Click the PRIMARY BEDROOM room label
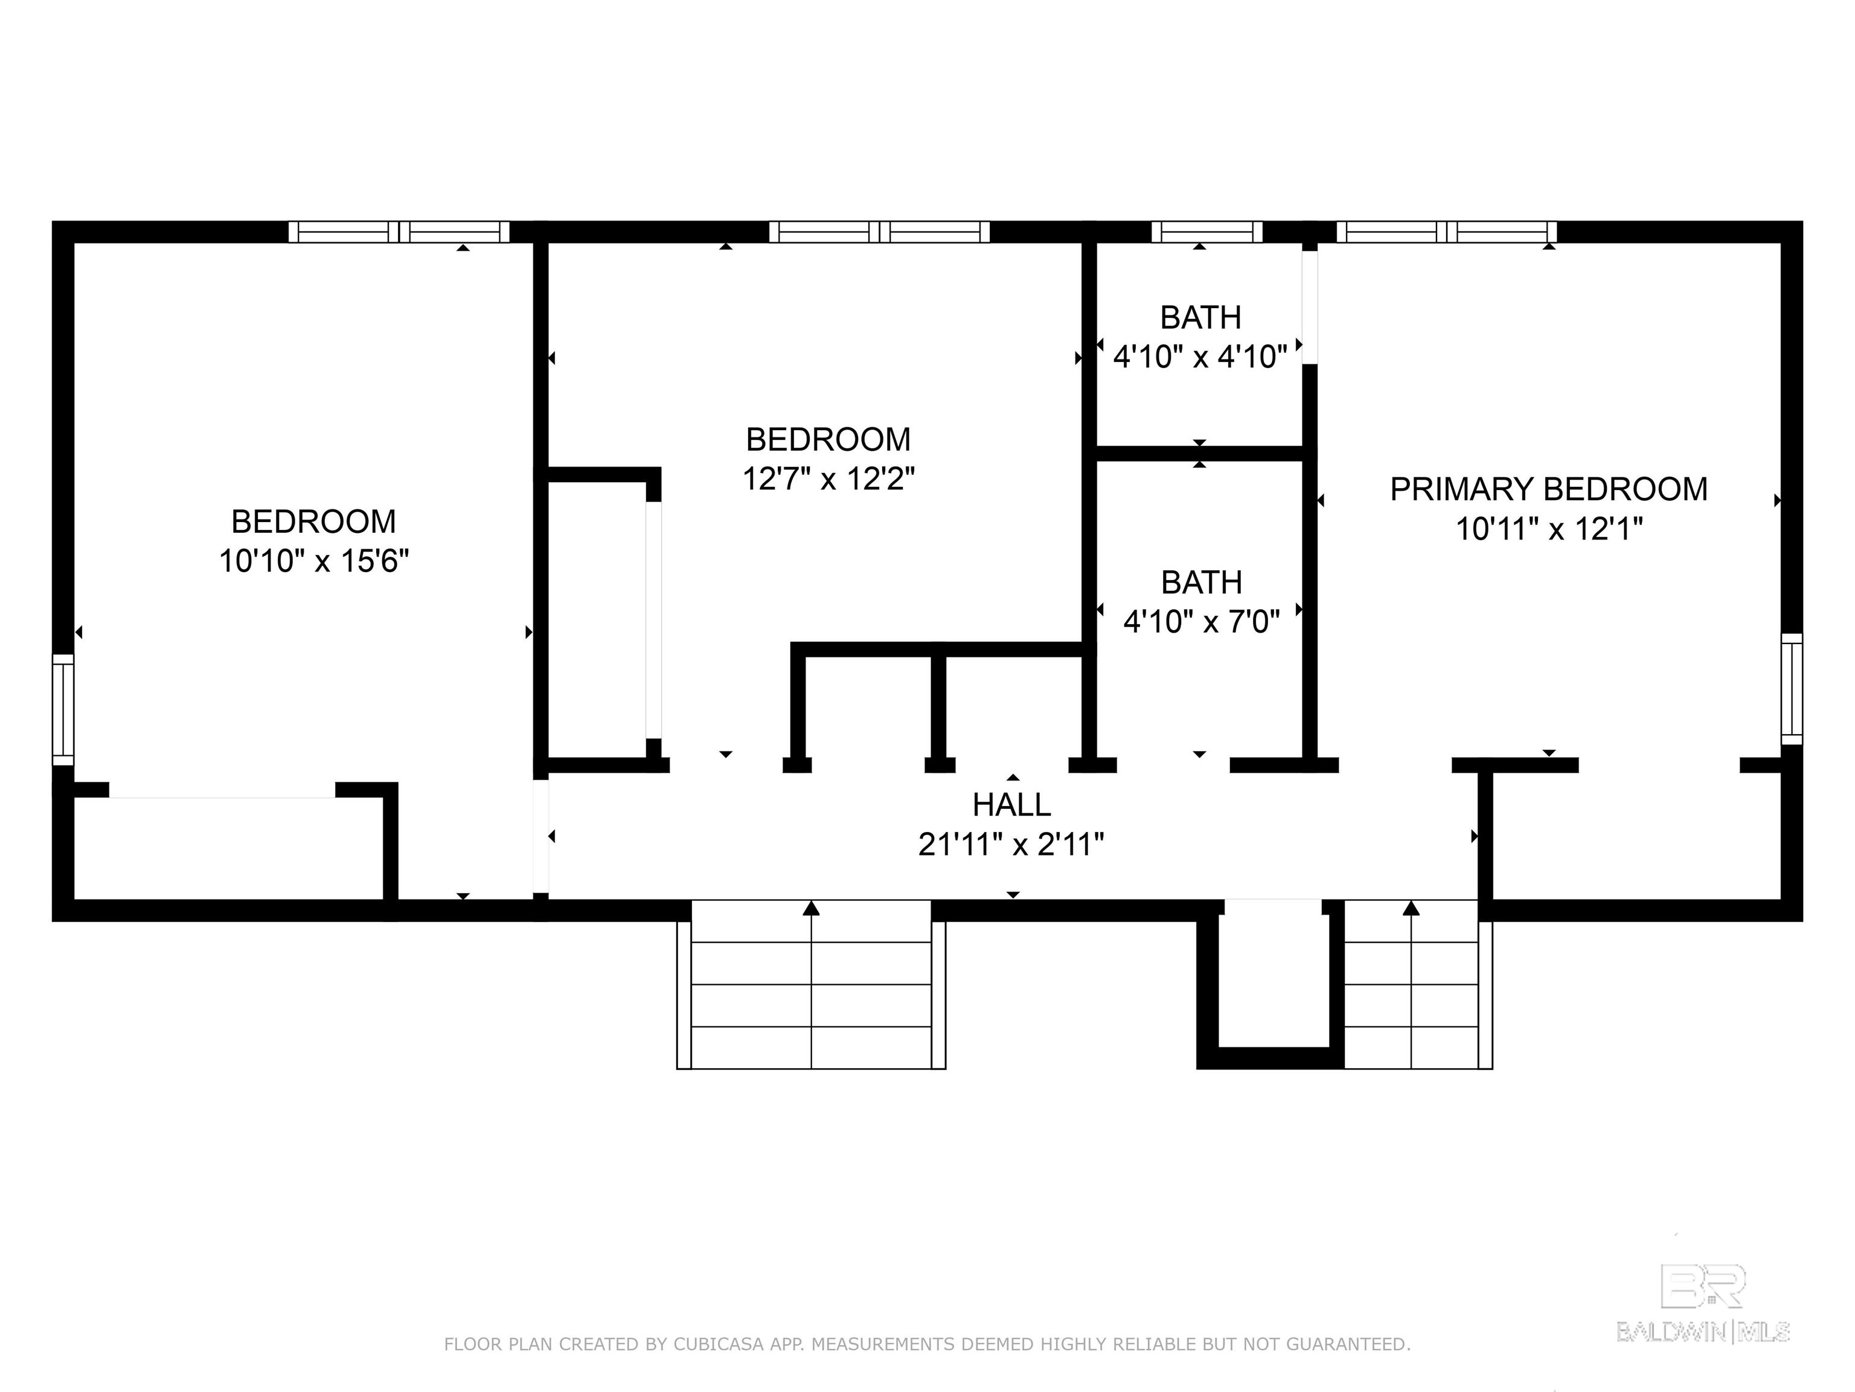coord(1549,489)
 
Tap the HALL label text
coord(1011,805)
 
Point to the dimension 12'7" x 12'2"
coord(828,479)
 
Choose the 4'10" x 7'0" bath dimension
coord(1202,622)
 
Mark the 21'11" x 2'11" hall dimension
coord(1011,844)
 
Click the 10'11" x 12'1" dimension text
coord(1549,529)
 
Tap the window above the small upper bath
coord(1206,231)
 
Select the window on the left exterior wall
coord(63,710)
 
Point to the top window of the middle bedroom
coord(879,231)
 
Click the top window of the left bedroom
coord(399,231)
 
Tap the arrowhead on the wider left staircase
coord(811,908)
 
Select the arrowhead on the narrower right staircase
coord(1411,908)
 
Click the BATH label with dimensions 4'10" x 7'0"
coord(1202,582)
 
